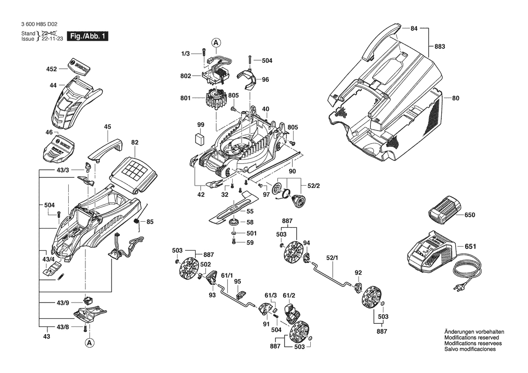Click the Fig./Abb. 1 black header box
pyautogui.click(x=88, y=36)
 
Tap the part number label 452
pyautogui.click(x=51, y=69)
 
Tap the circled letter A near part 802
pyautogui.click(x=216, y=43)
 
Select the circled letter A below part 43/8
pyautogui.click(x=89, y=343)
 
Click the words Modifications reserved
pyautogui.click(x=472, y=338)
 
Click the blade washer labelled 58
pyautogui.click(x=234, y=222)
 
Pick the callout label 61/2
pyautogui.click(x=289, y=295)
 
